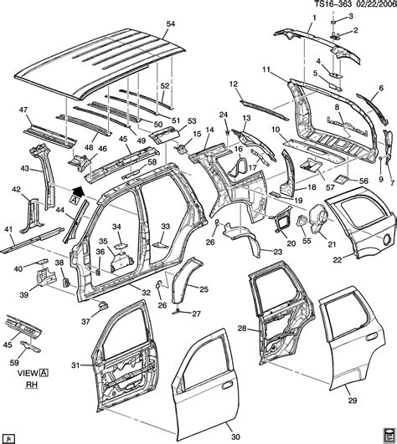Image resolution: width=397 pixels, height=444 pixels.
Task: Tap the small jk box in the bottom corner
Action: (9, 436)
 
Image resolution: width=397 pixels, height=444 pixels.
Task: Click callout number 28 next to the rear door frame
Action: (242, 328)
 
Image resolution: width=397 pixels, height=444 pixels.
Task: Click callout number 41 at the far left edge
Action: (8, 229)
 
